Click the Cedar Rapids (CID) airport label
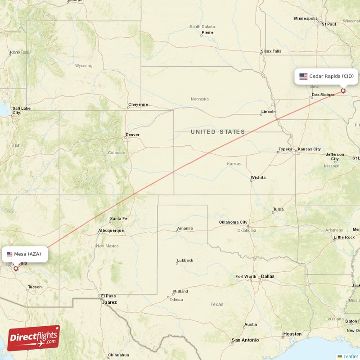(x=327, y=76)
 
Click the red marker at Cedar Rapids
(x=343, y=91)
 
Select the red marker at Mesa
(x=16, y=269)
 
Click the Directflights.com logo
(x=34, y=338)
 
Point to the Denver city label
(x=133, y=135)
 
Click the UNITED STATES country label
(x=218, y=132)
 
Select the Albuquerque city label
(x=111, y=231)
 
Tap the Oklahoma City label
(x=233, y=222)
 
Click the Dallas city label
(x=267, y=276)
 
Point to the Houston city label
(x=292, y=334)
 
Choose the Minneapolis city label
(x=306, y=18)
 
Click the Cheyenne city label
(x=138, y=104)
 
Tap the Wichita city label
(x=258, y=178)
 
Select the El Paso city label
(x=108, y=296)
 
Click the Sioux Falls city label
(x=271, y=51)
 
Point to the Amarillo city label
(x=185, y=229)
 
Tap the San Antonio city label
(x=245, y=340)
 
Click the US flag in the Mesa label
(x=9, y=254)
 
